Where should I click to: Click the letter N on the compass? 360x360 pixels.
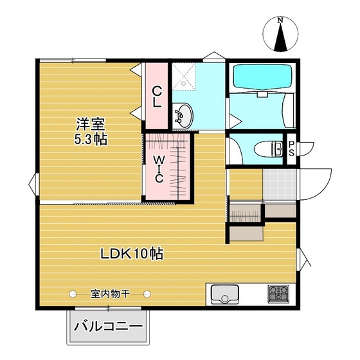pos(280,20)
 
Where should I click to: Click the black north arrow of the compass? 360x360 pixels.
pos(280,37)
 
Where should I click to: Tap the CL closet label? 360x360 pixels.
pos(157,96)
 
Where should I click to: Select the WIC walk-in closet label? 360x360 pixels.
pos(159,168)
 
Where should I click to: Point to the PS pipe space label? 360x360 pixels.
pos(291,148)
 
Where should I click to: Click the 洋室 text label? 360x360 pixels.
pos(90,125)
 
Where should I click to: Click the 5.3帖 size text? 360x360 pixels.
pos(91,139)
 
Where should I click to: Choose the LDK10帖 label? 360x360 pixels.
pos(132,253)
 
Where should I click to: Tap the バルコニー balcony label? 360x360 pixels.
pos(108,327)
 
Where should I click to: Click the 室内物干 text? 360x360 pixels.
pos(110,293)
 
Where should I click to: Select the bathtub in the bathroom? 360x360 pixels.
pos(262,76)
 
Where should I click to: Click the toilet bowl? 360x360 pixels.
pos(269,149)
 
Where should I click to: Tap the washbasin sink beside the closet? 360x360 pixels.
pos(183,116)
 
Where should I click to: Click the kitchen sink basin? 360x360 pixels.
pos(225,294)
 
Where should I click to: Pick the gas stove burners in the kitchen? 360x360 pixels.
pos(278,294)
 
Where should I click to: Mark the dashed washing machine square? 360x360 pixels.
pos(184,76)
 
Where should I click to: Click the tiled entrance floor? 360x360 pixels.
pos(279,185)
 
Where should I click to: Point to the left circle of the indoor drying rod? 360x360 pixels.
pos(73,294)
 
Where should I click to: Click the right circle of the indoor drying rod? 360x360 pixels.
pos(147,294)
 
